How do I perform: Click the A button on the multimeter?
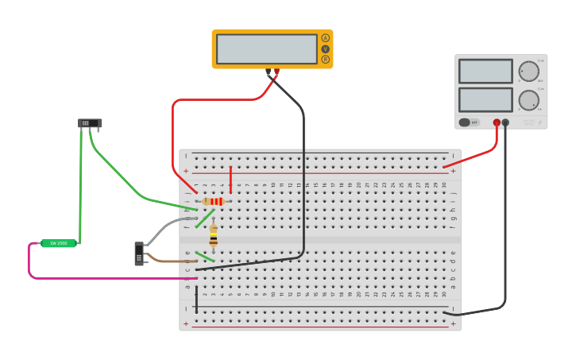pyautogui.click(x=325, y=38)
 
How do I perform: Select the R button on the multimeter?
pyautogui.click(x=325, y=60)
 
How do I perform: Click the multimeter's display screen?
pyautogui.click(x=267, y=49)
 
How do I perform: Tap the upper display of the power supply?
pyautogui.click(x=485, y=72)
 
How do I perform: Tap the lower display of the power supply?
pyautogui.click(x=485, y=99)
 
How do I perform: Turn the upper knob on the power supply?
pyautogui.click(x=528, y=72)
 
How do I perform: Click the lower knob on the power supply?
pyautogui.click(x=528, y=100)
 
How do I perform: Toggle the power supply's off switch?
pyautogui.click(x=469, y=122)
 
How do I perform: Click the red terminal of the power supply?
pyautogui.click(x=497, y=122)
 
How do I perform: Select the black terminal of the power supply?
pyautogui.click(x=505, y=122)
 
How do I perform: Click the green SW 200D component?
pyautogui.click(x=59, y=243)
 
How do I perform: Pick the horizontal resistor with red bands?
pyautogui.click(x=214, y=202)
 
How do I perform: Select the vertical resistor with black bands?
pyautogui.click(x=213, y=236)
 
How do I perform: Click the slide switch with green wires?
pyautogui.click(x=90, y=122)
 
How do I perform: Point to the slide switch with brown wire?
pyautogui.click(x=139, y=254)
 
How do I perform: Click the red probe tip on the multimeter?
pyautogui.click(x=276, y=73)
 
